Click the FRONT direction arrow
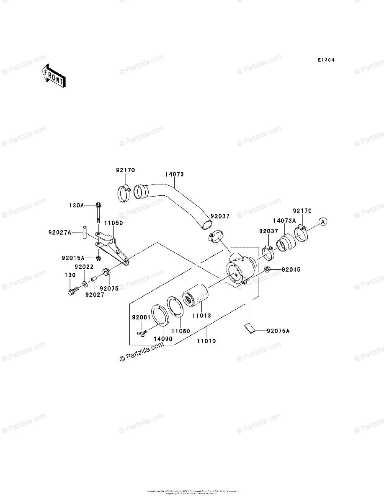[x=52, y=75]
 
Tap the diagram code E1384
[x=325, y=60]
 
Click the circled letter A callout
[x=322, y=221]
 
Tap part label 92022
[x=84, y=267]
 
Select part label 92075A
[x=278, y=331]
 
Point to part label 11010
[x=206, y=341]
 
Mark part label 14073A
[x=284, y=220]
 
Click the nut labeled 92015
[x=267, y=269]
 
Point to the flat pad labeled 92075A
[x=249, y=327]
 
